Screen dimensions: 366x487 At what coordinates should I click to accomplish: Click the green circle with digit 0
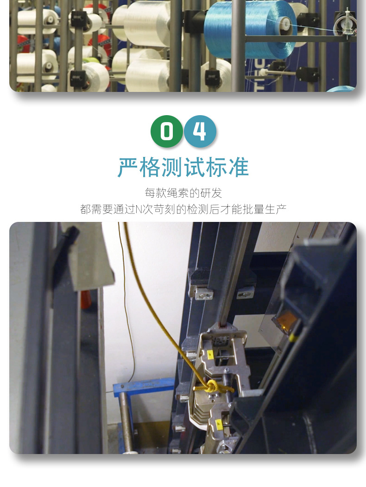click(x=167, y=131)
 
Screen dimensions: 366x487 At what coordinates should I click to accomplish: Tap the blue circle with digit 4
click(x=200, y=131)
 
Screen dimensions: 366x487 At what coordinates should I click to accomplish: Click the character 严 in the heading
click(x=128, y=168)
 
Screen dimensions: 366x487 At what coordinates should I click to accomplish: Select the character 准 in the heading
click(x=239, y=168)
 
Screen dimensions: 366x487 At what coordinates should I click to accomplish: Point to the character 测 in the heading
click(x=172, y=168)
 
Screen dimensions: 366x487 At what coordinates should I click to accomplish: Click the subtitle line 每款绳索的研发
click(x=183, y=193)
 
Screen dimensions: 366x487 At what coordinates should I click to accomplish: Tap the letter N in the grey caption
click(x=139, y=209)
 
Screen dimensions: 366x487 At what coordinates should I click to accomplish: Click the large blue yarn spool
click(x=250, y=29)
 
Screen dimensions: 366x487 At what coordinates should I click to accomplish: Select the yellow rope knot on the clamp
click(x=213, y=387)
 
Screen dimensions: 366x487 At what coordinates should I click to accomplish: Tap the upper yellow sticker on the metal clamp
click(x=210, y=354)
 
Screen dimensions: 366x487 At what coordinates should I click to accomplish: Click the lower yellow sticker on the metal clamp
click(x=218, y=423)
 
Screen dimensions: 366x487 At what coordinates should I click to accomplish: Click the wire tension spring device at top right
click(x=346, y=24)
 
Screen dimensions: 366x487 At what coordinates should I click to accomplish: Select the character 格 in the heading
click(x=150, y=168)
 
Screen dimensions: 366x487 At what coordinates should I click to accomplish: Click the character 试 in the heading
click(x=194, y=168)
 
